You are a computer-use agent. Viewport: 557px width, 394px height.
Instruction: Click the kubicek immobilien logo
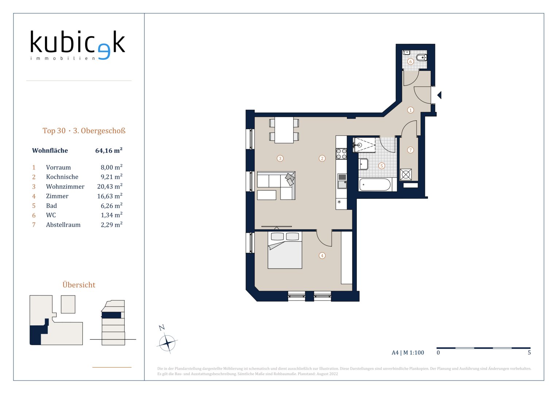pos(78,45)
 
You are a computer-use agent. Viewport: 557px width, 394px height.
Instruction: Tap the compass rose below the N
pos(167,343)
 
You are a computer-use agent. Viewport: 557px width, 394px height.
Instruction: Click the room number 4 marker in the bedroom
pos(322,255)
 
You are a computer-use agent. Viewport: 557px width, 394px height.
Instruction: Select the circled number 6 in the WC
pos(410,61)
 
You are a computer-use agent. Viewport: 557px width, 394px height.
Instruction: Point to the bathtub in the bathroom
pos(375,185)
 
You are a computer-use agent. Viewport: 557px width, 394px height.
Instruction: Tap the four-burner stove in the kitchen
pos(341,154)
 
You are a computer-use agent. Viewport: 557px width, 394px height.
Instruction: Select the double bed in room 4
pos(285,250)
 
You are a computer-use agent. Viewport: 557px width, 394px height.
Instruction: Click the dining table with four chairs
pos(284,130)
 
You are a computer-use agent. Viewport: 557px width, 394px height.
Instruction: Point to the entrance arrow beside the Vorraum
pos(440,95)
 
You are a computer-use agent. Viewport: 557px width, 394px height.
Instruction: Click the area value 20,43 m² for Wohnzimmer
pos(110,186)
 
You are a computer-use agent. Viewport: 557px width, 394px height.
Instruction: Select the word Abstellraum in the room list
pos(63,225)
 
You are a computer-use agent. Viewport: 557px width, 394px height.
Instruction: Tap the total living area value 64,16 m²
pos(109,150)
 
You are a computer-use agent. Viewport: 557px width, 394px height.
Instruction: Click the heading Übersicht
pos(79,285)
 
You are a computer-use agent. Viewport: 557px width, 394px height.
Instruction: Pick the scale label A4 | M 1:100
pos(408,352)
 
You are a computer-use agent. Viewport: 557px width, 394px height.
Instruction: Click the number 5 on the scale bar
pos(529,352)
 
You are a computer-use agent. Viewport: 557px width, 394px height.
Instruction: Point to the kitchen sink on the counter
pos(342,181)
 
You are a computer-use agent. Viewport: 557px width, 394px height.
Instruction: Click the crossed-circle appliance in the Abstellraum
pos(406,175)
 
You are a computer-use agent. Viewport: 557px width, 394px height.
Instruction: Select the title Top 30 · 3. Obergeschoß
pos(84,131)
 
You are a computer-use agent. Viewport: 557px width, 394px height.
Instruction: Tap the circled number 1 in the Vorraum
pos(410,110)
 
